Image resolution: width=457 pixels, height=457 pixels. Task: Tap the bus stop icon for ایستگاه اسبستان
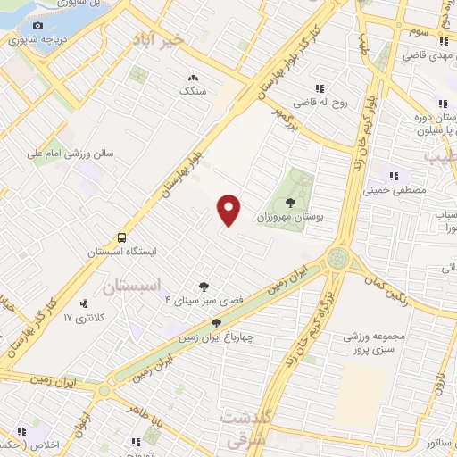pyautogui.click(x=120, y=237)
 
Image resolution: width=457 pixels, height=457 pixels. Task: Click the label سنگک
pyautogui.click(x=192, y=90)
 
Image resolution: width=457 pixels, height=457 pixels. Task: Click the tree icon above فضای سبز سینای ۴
pyautogui.click(x=205, y=286)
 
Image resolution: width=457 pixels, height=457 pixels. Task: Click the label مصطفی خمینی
pyautogui.click(x=395, y=189)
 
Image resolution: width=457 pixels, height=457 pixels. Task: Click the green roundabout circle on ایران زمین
pyautogui.click(x=338, y=258)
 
